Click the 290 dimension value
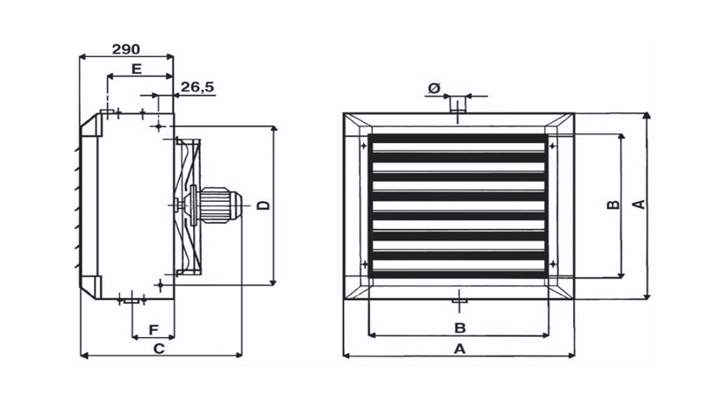125,49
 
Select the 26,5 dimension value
197,87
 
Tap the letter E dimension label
137,69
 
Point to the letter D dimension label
264,205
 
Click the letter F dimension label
154,330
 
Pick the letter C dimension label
159,349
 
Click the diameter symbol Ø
434,89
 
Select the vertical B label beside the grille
613,205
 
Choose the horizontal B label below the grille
460,327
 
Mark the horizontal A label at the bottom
460,349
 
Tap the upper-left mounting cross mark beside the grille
363,146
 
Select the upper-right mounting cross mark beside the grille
553,146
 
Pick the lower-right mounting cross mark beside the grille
553,264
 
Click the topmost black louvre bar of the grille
458,139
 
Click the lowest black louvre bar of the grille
458,274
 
